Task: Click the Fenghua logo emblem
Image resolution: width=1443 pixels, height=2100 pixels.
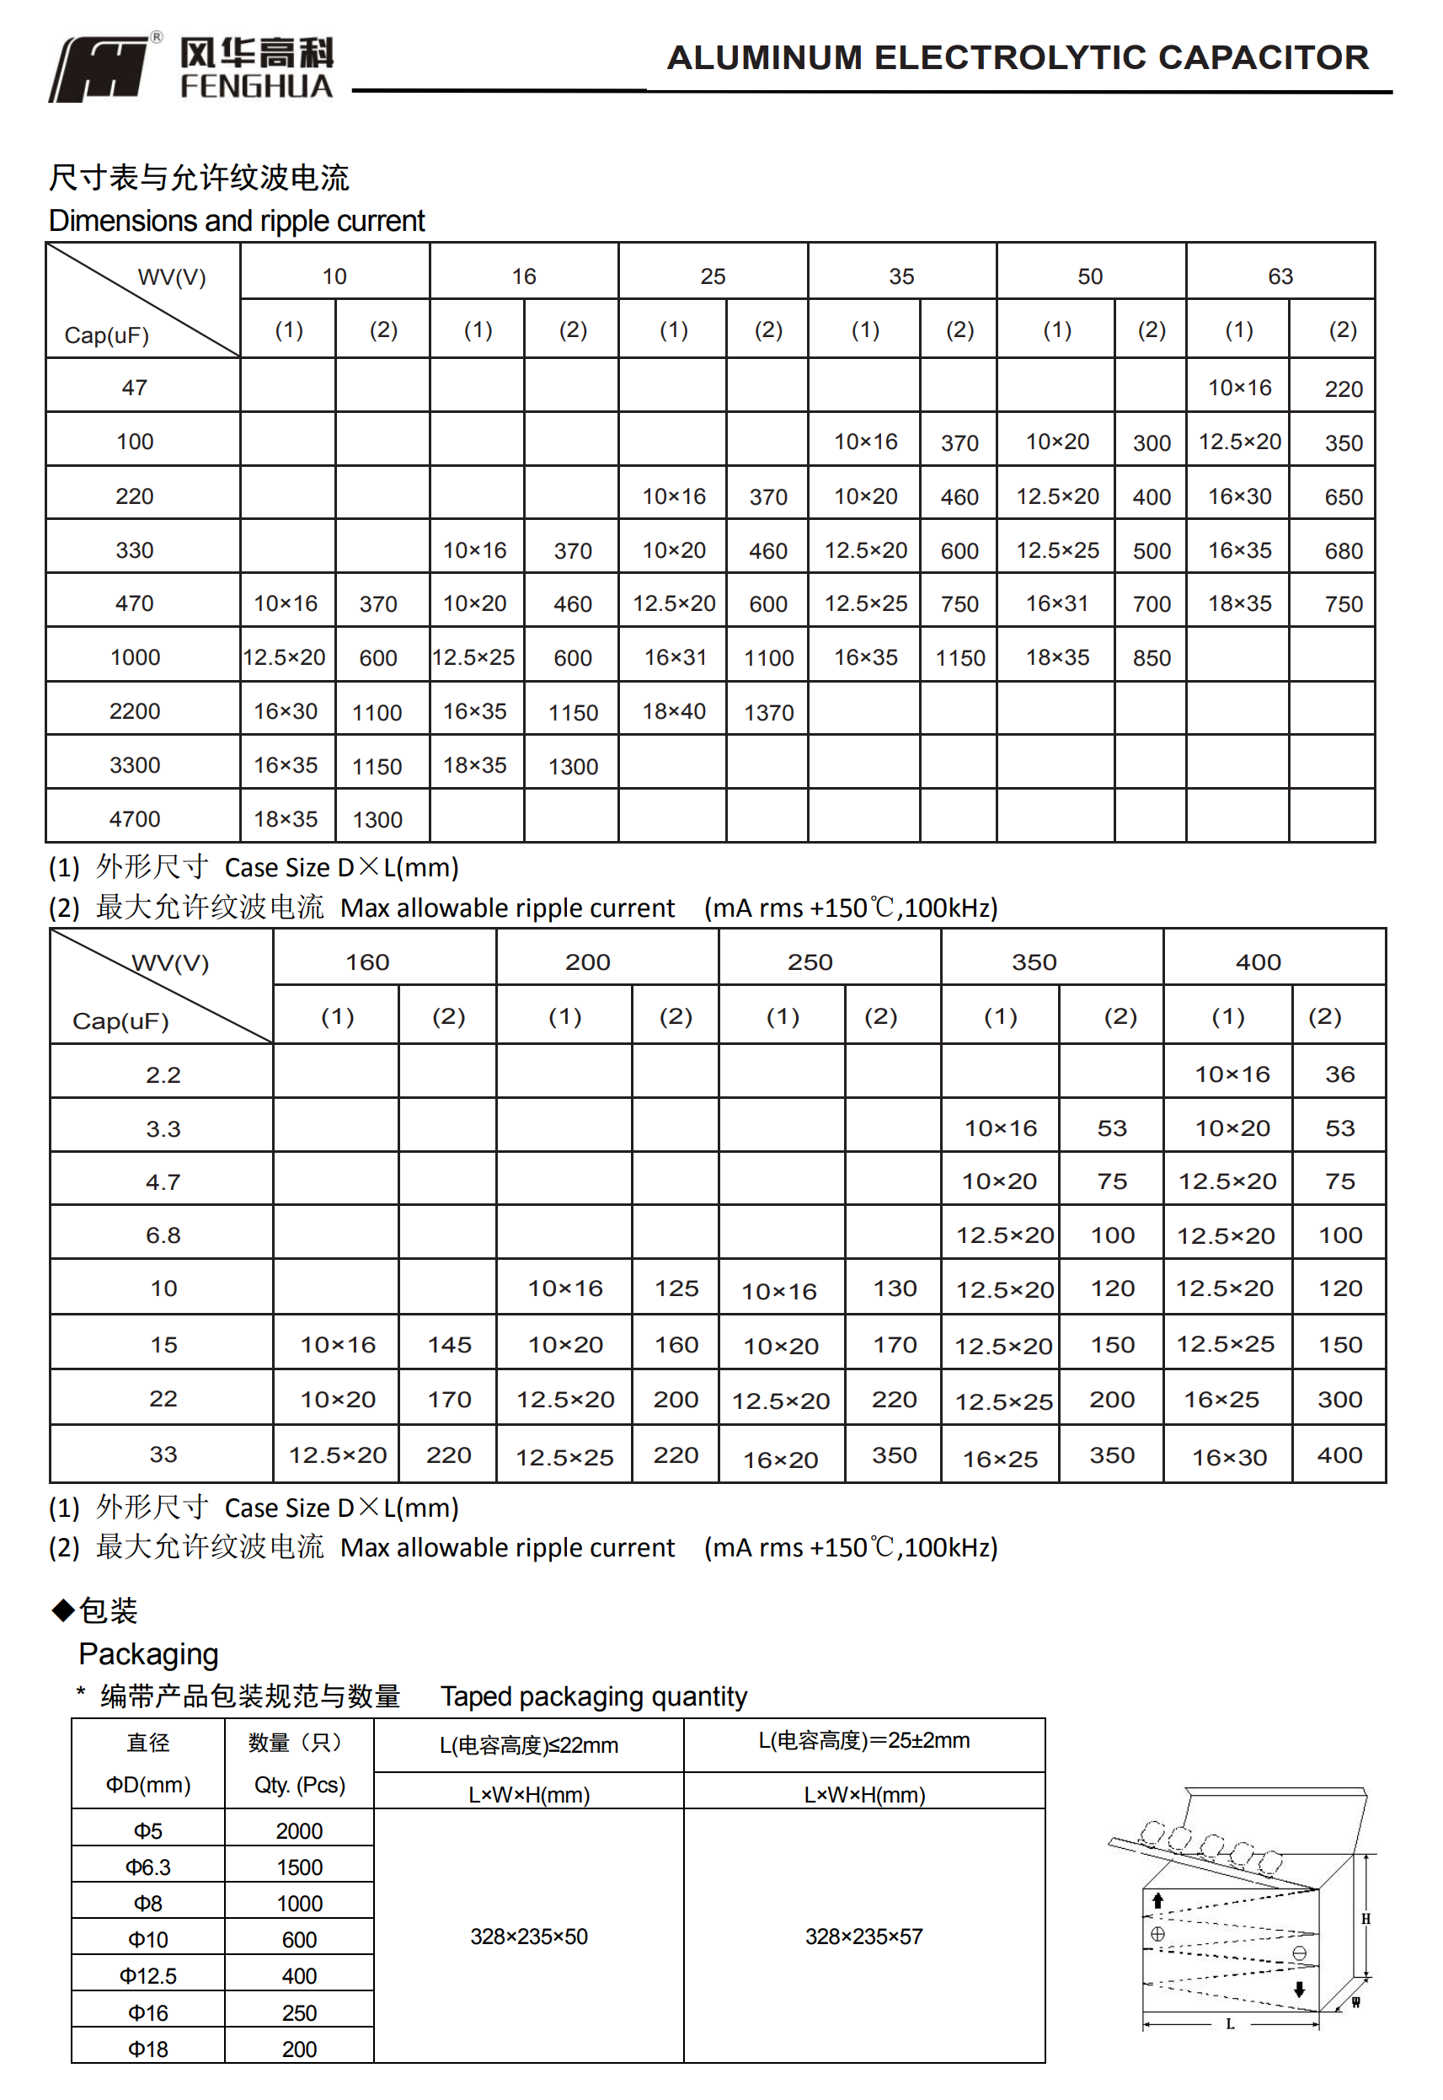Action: [99, 70]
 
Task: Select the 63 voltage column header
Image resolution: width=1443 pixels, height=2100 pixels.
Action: [1280, 276]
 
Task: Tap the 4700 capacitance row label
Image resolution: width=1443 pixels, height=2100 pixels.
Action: [135, 818]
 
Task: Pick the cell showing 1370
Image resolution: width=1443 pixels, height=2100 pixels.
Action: [768, 713]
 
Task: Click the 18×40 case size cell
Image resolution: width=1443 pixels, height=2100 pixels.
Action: [674, 711]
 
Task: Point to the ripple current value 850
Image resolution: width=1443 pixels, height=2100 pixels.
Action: [1151, 658]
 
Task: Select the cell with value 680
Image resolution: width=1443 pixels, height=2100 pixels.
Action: [1343, 551]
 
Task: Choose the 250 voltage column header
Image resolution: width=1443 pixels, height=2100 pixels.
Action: [810, 962]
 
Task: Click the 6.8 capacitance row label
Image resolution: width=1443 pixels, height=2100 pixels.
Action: [163, 1235]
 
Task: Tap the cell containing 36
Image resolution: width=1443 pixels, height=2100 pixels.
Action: [1339, 1074]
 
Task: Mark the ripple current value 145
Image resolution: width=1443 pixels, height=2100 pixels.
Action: [449, 1345]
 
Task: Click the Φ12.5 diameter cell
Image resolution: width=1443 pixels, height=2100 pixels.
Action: [148, 1976]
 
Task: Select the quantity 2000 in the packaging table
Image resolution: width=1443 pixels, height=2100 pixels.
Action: [299, 1831]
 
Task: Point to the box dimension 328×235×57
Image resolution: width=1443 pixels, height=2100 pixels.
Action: [863, 1937]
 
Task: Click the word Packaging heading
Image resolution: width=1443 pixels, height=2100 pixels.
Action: [148, 1654]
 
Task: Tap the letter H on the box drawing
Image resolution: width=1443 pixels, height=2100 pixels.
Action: [1366, 1919]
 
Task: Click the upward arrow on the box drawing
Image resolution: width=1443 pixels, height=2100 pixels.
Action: [1157, 1901]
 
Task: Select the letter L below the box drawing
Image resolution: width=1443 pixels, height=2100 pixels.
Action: [1230, 2024]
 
